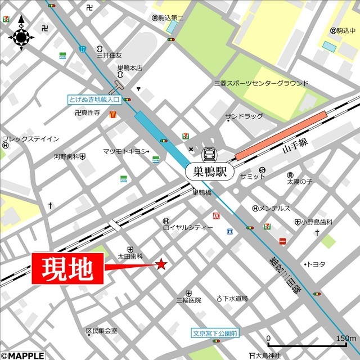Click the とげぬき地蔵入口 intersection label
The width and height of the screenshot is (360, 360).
94,99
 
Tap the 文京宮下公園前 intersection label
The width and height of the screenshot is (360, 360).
215,333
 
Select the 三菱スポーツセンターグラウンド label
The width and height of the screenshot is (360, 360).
261,83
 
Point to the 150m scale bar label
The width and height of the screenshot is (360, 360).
345,338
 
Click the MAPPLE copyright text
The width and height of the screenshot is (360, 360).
22,355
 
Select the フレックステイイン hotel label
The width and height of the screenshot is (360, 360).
30,139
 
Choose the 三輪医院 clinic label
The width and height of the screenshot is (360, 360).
188,300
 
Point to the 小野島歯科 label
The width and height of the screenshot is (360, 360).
317,222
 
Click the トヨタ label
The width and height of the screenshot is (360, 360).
316,264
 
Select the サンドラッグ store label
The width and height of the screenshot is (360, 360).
244,116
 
